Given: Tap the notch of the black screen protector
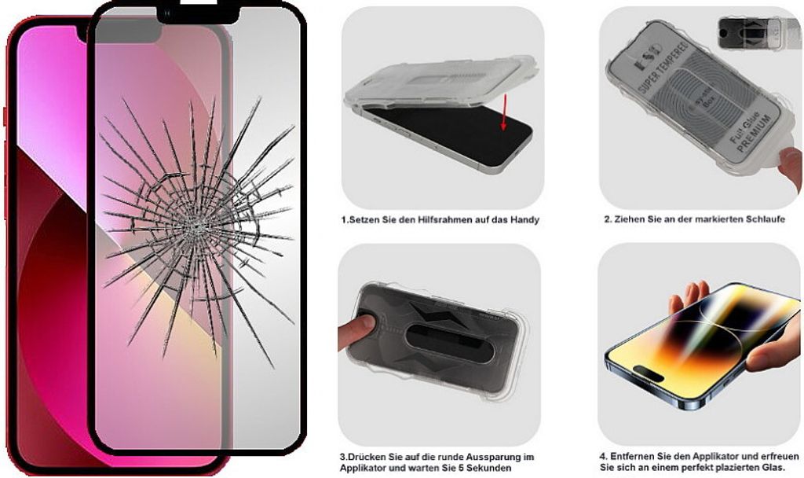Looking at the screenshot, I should point(198,13).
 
